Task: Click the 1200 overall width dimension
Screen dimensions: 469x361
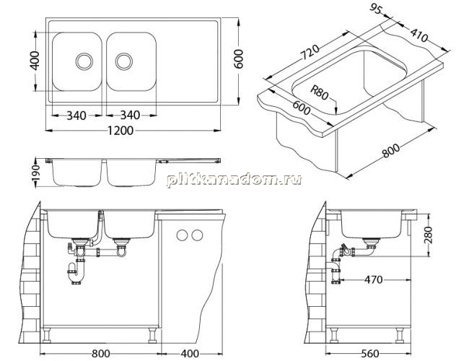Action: [120, 131]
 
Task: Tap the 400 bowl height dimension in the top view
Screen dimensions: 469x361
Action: [35, 61]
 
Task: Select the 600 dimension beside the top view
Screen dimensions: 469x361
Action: [238, 59]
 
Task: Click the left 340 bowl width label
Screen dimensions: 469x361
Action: [76, 116]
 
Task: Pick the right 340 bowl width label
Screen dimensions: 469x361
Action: [130, 115]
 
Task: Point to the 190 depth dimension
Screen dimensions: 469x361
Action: [35, 173]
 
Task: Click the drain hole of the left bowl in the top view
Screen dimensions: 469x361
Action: [84, 61]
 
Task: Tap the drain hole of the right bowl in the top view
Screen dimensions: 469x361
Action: [124, 61]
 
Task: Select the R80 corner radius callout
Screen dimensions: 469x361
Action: [319, 92]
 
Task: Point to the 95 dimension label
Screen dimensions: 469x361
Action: [376, 9]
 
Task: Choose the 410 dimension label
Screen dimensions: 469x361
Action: [418, 35]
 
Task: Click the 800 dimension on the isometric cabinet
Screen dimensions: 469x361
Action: [390, 151]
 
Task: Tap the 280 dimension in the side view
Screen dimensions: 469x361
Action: [428, 235]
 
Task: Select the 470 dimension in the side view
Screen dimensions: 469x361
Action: [374, 279]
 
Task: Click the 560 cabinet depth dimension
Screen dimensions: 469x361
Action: [370, 354]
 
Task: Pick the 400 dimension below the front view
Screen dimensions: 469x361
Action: [190, 354]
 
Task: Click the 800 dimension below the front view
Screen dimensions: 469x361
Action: [101, 354]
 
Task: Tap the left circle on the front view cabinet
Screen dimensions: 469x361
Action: [182, 235]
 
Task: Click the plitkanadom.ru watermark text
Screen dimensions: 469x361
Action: [234, 180]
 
